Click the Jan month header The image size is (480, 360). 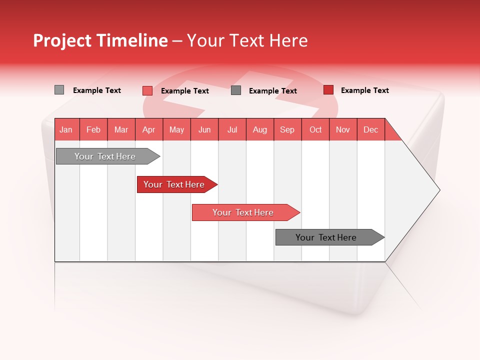click(x=66, y=129)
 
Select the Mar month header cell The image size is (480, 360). click(x=121, y=129)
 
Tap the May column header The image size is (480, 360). click(x=176, y=129)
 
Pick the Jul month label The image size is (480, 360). click(x=232, y=129)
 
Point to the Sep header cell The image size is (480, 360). click(x=287, y=129)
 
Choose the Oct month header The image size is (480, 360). click(x=315, y=129)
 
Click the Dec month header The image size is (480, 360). click(x=370, y=129)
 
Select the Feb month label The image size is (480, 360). click(x=93, y=129)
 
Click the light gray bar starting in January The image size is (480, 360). click(x=105, y=156)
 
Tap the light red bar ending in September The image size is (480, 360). click(x=243, y=212)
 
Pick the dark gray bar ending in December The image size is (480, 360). click(x=326, y=237)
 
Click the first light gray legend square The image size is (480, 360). click(x=59, y=90)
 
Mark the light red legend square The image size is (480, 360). click(x=147, y=90)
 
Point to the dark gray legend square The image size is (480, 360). click(x=236, y=90)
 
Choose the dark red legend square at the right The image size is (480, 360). click(x=328, y=90)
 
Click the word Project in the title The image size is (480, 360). click(x=62, y=40)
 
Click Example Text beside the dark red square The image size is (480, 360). click(x=364, y=90)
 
